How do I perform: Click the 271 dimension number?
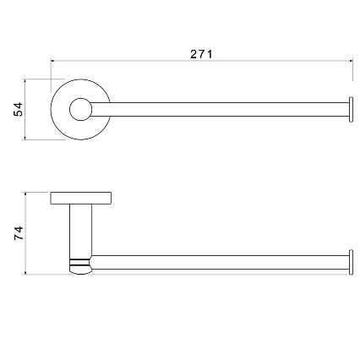201,54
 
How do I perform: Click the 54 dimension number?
19,109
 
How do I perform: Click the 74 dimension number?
19,233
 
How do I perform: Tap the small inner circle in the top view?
80,109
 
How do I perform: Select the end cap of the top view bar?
351,110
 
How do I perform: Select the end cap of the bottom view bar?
351,262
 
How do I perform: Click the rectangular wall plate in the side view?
81,198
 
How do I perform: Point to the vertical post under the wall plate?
80,231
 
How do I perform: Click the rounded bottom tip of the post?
80,270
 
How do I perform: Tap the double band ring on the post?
80,262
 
